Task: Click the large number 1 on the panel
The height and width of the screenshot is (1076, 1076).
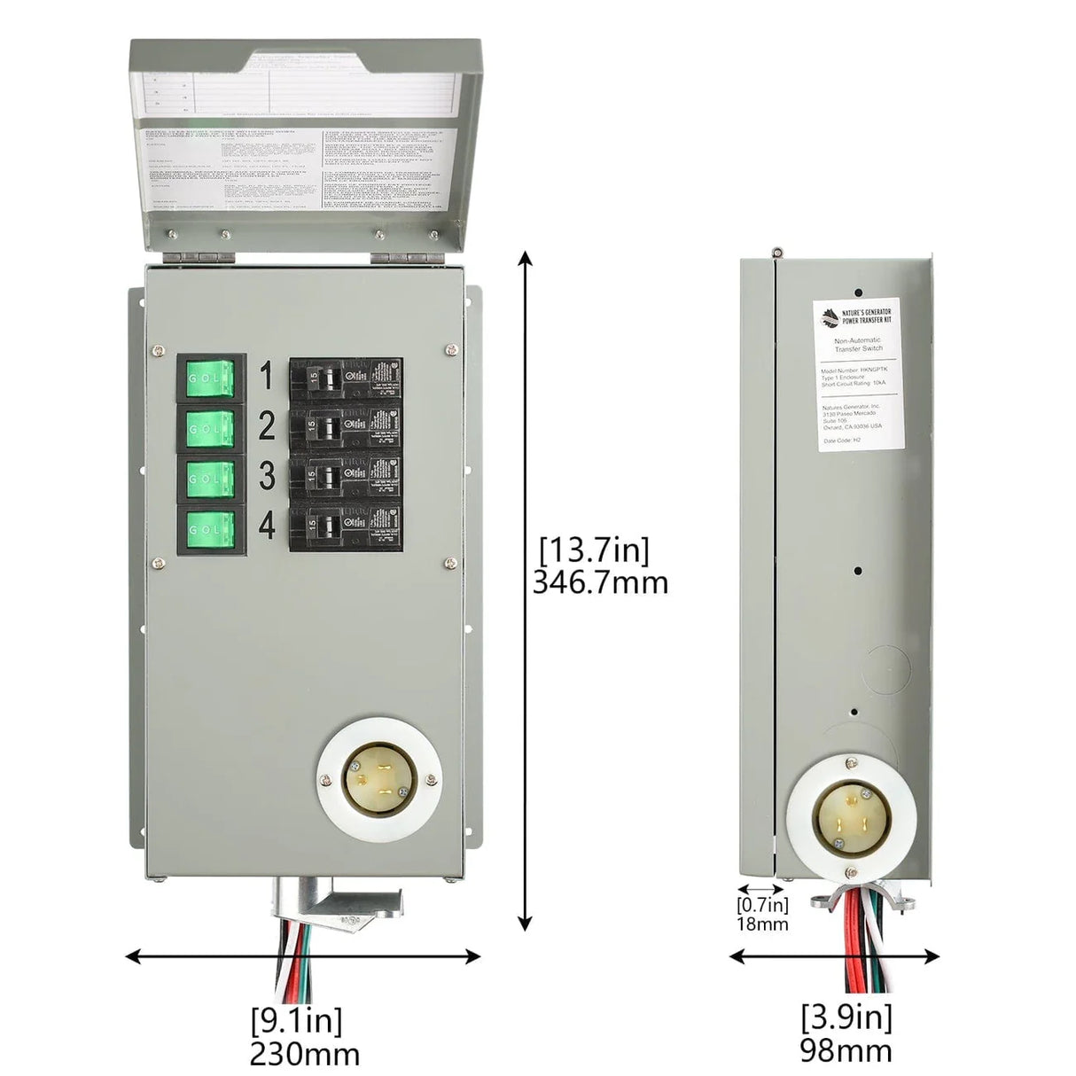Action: [x=265, y=377]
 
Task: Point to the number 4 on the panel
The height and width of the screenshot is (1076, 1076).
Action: [x=266, y=527]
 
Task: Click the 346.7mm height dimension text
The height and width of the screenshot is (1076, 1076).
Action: [x=600, y=582]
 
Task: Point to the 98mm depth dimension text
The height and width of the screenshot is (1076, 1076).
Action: [x=846, y=1051]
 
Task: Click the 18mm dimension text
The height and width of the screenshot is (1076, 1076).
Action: [x=761, y=924]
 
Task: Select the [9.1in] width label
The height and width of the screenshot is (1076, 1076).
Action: [x=296, y=1021]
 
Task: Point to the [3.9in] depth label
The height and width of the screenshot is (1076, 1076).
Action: [x=846, y=1016]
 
